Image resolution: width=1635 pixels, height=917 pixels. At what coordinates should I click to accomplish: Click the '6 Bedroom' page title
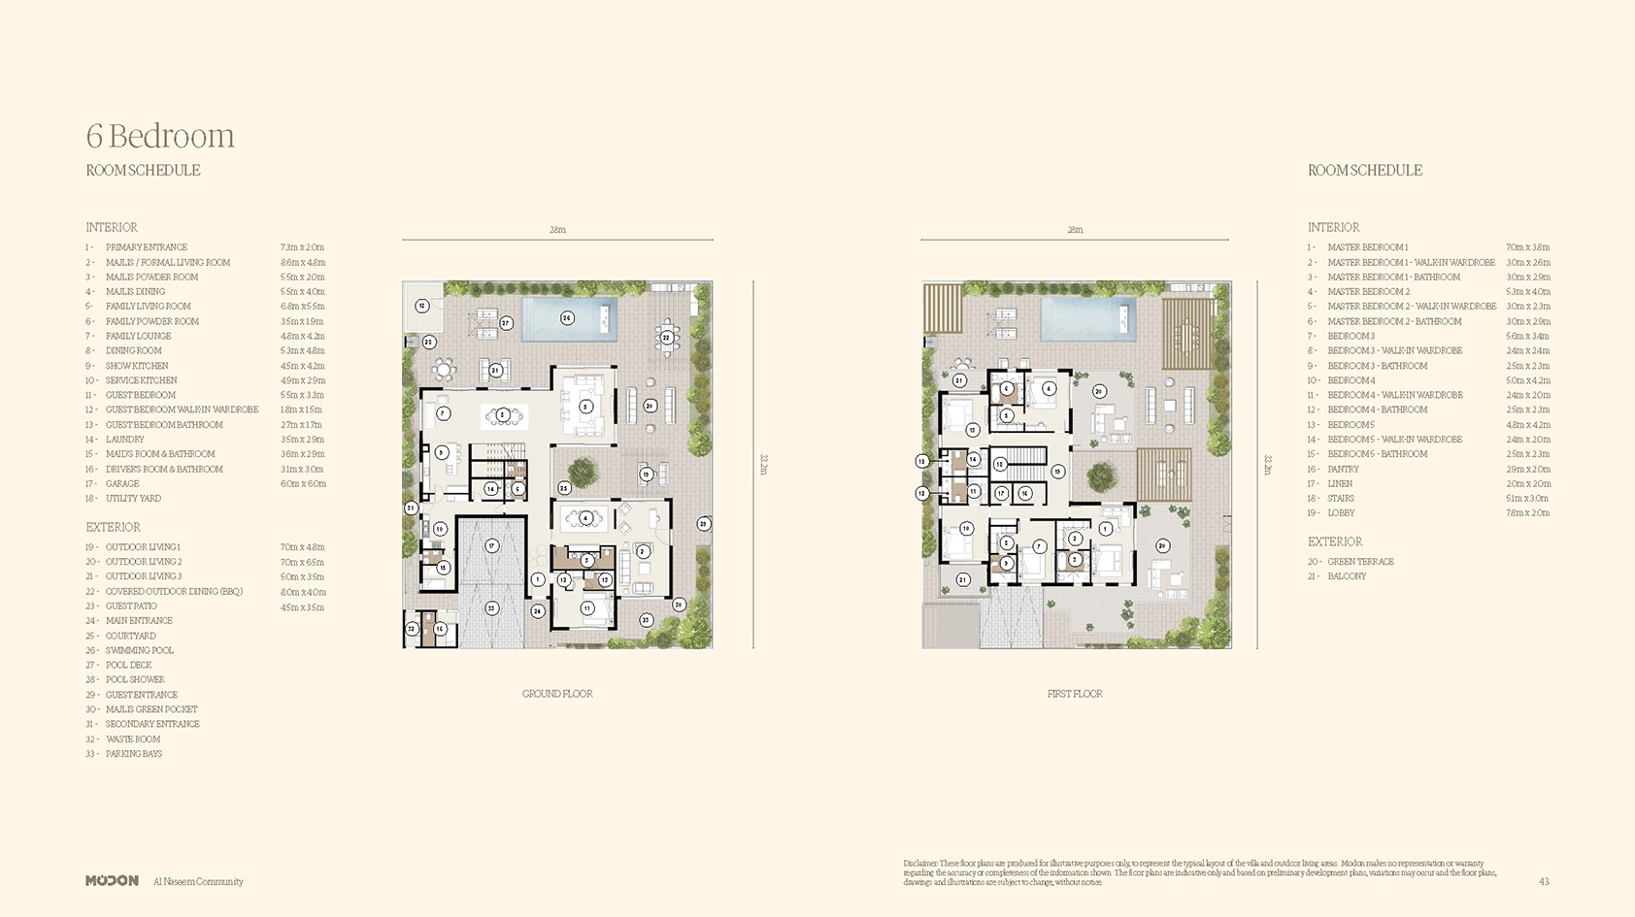coord(160,136)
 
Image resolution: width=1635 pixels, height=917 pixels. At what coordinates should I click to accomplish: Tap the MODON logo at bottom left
coord(112,881)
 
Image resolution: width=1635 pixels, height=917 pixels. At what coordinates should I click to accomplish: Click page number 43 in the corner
coord(1544,881)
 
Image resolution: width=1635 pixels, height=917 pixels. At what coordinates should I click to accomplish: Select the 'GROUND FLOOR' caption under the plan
coord(557,694)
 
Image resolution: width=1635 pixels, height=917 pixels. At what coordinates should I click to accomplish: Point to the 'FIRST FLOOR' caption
coord(1075,694)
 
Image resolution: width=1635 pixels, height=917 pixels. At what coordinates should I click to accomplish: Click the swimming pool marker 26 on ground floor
coord(567,318)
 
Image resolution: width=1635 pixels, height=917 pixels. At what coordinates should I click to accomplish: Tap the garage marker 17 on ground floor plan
coord(492,545)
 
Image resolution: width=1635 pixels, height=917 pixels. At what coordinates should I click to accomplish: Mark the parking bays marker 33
coord(491,608)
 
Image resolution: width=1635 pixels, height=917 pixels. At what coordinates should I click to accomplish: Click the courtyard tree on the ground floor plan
coord(583,472)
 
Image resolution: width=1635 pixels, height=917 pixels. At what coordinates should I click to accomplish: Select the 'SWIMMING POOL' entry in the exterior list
coord(140,650)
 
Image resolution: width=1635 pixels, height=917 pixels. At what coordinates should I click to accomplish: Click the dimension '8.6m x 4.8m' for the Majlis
coord(303,262)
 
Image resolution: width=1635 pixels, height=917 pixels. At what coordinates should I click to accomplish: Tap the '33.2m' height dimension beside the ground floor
coord(763,465)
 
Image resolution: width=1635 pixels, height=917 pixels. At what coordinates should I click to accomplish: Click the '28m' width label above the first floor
coord(1075,230)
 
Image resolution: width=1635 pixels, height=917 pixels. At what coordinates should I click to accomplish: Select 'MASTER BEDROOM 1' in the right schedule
coord(1367,247)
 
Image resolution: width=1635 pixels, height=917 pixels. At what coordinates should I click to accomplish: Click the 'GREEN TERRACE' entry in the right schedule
coord(1360,562)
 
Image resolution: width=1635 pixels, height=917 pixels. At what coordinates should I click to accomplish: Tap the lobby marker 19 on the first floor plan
coord(1057,472)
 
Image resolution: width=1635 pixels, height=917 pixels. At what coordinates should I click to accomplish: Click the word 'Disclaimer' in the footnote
coord(920,863)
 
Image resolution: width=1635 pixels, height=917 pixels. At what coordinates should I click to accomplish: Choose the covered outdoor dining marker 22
coord(666,338)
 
